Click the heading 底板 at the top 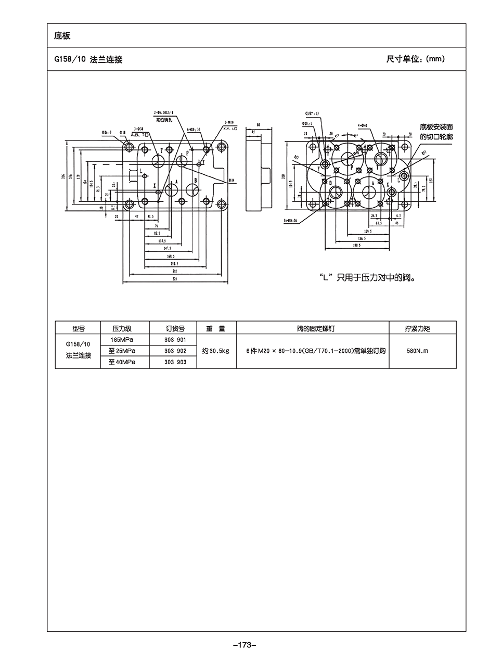click(x=62, y=36)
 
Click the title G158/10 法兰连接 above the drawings click(x=88, y=59)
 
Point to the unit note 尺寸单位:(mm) click(x=415, y=59)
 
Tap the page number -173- click(x=244, y=645)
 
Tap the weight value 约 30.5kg click(x=216, y=351)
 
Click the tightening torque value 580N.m click(x=422, y=351)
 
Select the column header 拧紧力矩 click(x=422, y=328)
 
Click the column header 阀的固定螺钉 click(x=312, y=328)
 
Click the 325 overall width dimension click(x=175, y=279)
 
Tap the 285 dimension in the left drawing click(x=175, y=271)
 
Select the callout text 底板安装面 click(x=436, y=126)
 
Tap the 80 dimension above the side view click(x=258, y=125)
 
